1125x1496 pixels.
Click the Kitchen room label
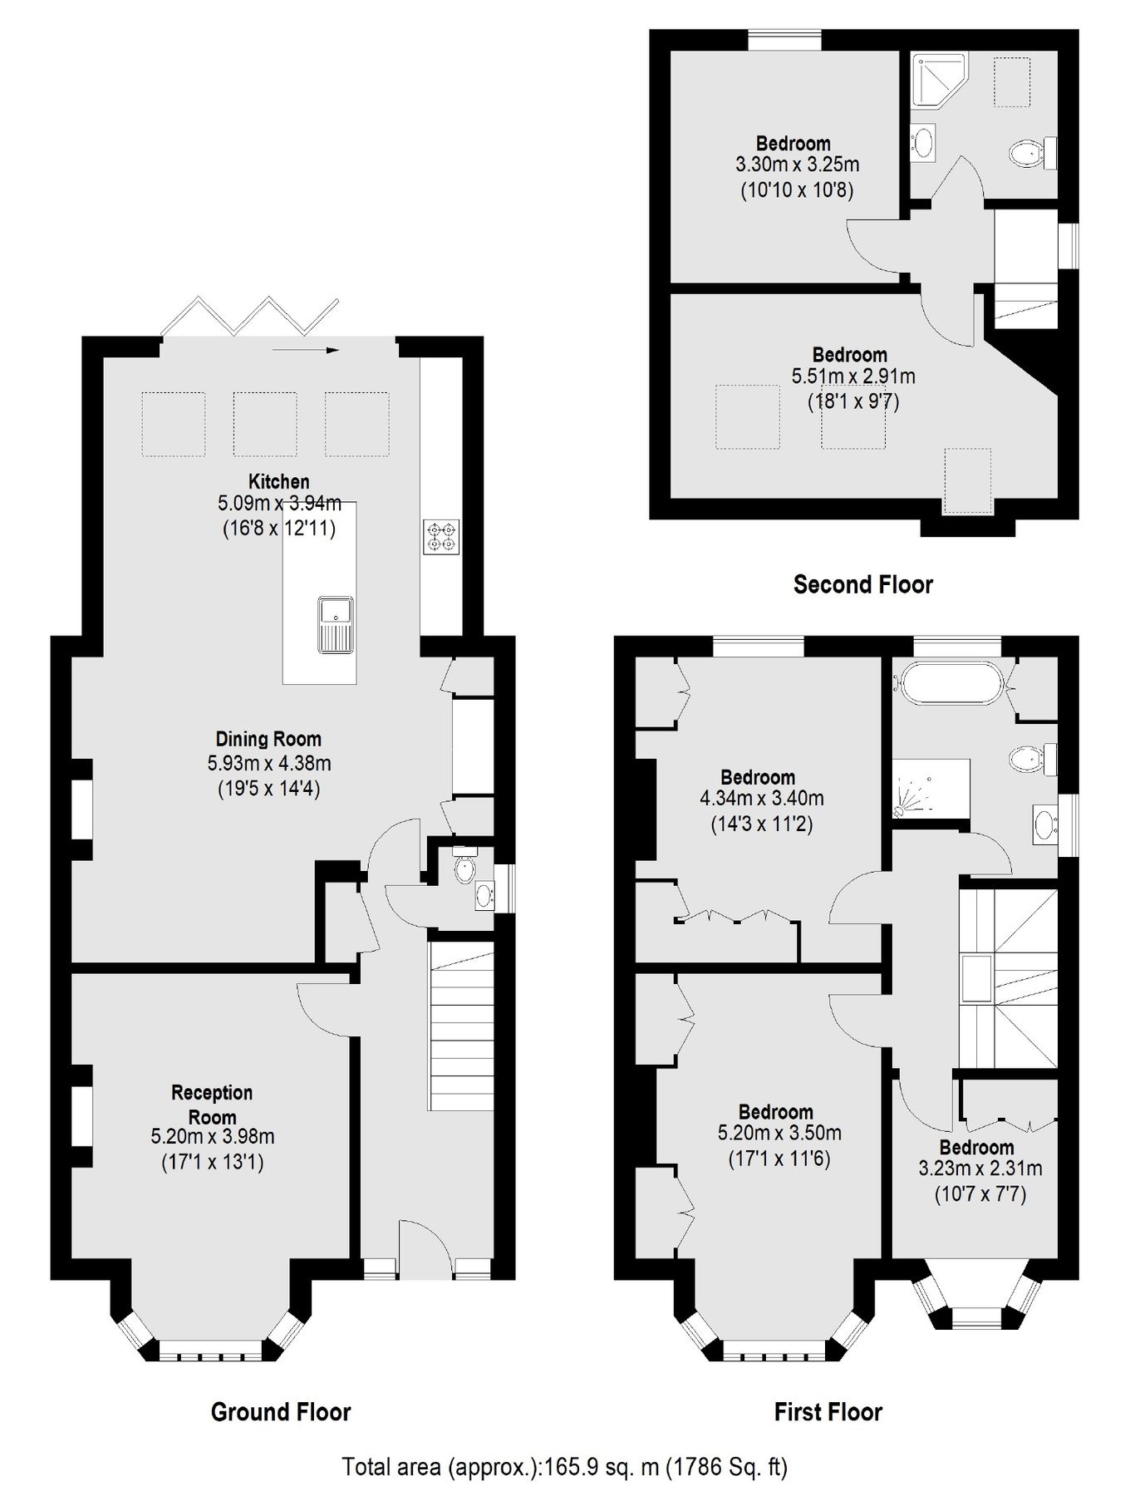(278, 481)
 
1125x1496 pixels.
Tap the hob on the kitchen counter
(441, 536)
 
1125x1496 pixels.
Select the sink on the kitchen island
(336, 624)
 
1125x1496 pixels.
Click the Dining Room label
(268, 739)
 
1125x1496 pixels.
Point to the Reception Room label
(212, 1105)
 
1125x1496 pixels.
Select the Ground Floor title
(281, 1412)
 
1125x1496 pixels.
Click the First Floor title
(828, 1412)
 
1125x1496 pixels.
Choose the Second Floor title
(862, 584)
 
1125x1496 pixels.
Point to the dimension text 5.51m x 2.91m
(853, 376)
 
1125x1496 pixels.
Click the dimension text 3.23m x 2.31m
(980, 1169)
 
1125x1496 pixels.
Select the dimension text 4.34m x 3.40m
(762, 800)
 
